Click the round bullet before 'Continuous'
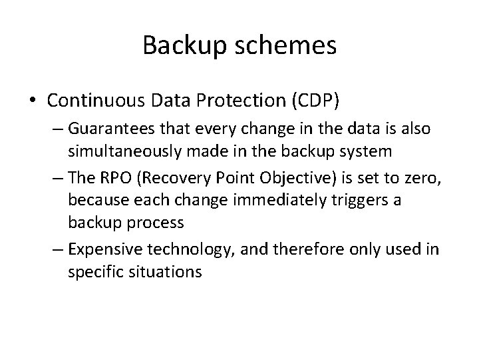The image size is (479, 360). coord(33,100)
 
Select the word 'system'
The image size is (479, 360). coord(369,152)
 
